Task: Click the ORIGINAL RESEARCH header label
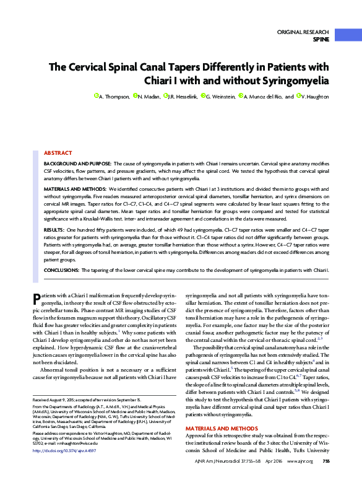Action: coord(303,31)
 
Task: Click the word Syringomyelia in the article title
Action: coord(295,81)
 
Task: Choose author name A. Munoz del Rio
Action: coord(266,97)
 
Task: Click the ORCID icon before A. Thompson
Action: coord(96,96)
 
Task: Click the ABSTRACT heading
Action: coord(58,152)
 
